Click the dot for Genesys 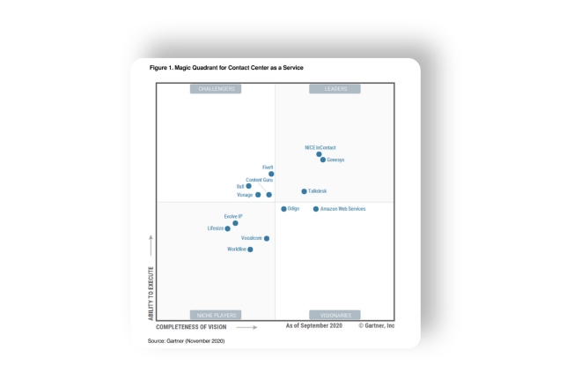323,160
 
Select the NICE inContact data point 319,154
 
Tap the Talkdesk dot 304,191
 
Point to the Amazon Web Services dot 316,209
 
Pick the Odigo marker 283,209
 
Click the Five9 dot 271,174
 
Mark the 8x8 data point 248,186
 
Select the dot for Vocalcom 267,238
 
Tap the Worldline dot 250,250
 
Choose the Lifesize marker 227,228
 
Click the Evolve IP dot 235,223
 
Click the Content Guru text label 259,180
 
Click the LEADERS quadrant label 335,89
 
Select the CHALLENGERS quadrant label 216,89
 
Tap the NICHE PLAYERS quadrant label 216,315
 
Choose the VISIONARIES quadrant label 335,315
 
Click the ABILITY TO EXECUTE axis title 151,292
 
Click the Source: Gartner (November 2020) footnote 187,339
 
